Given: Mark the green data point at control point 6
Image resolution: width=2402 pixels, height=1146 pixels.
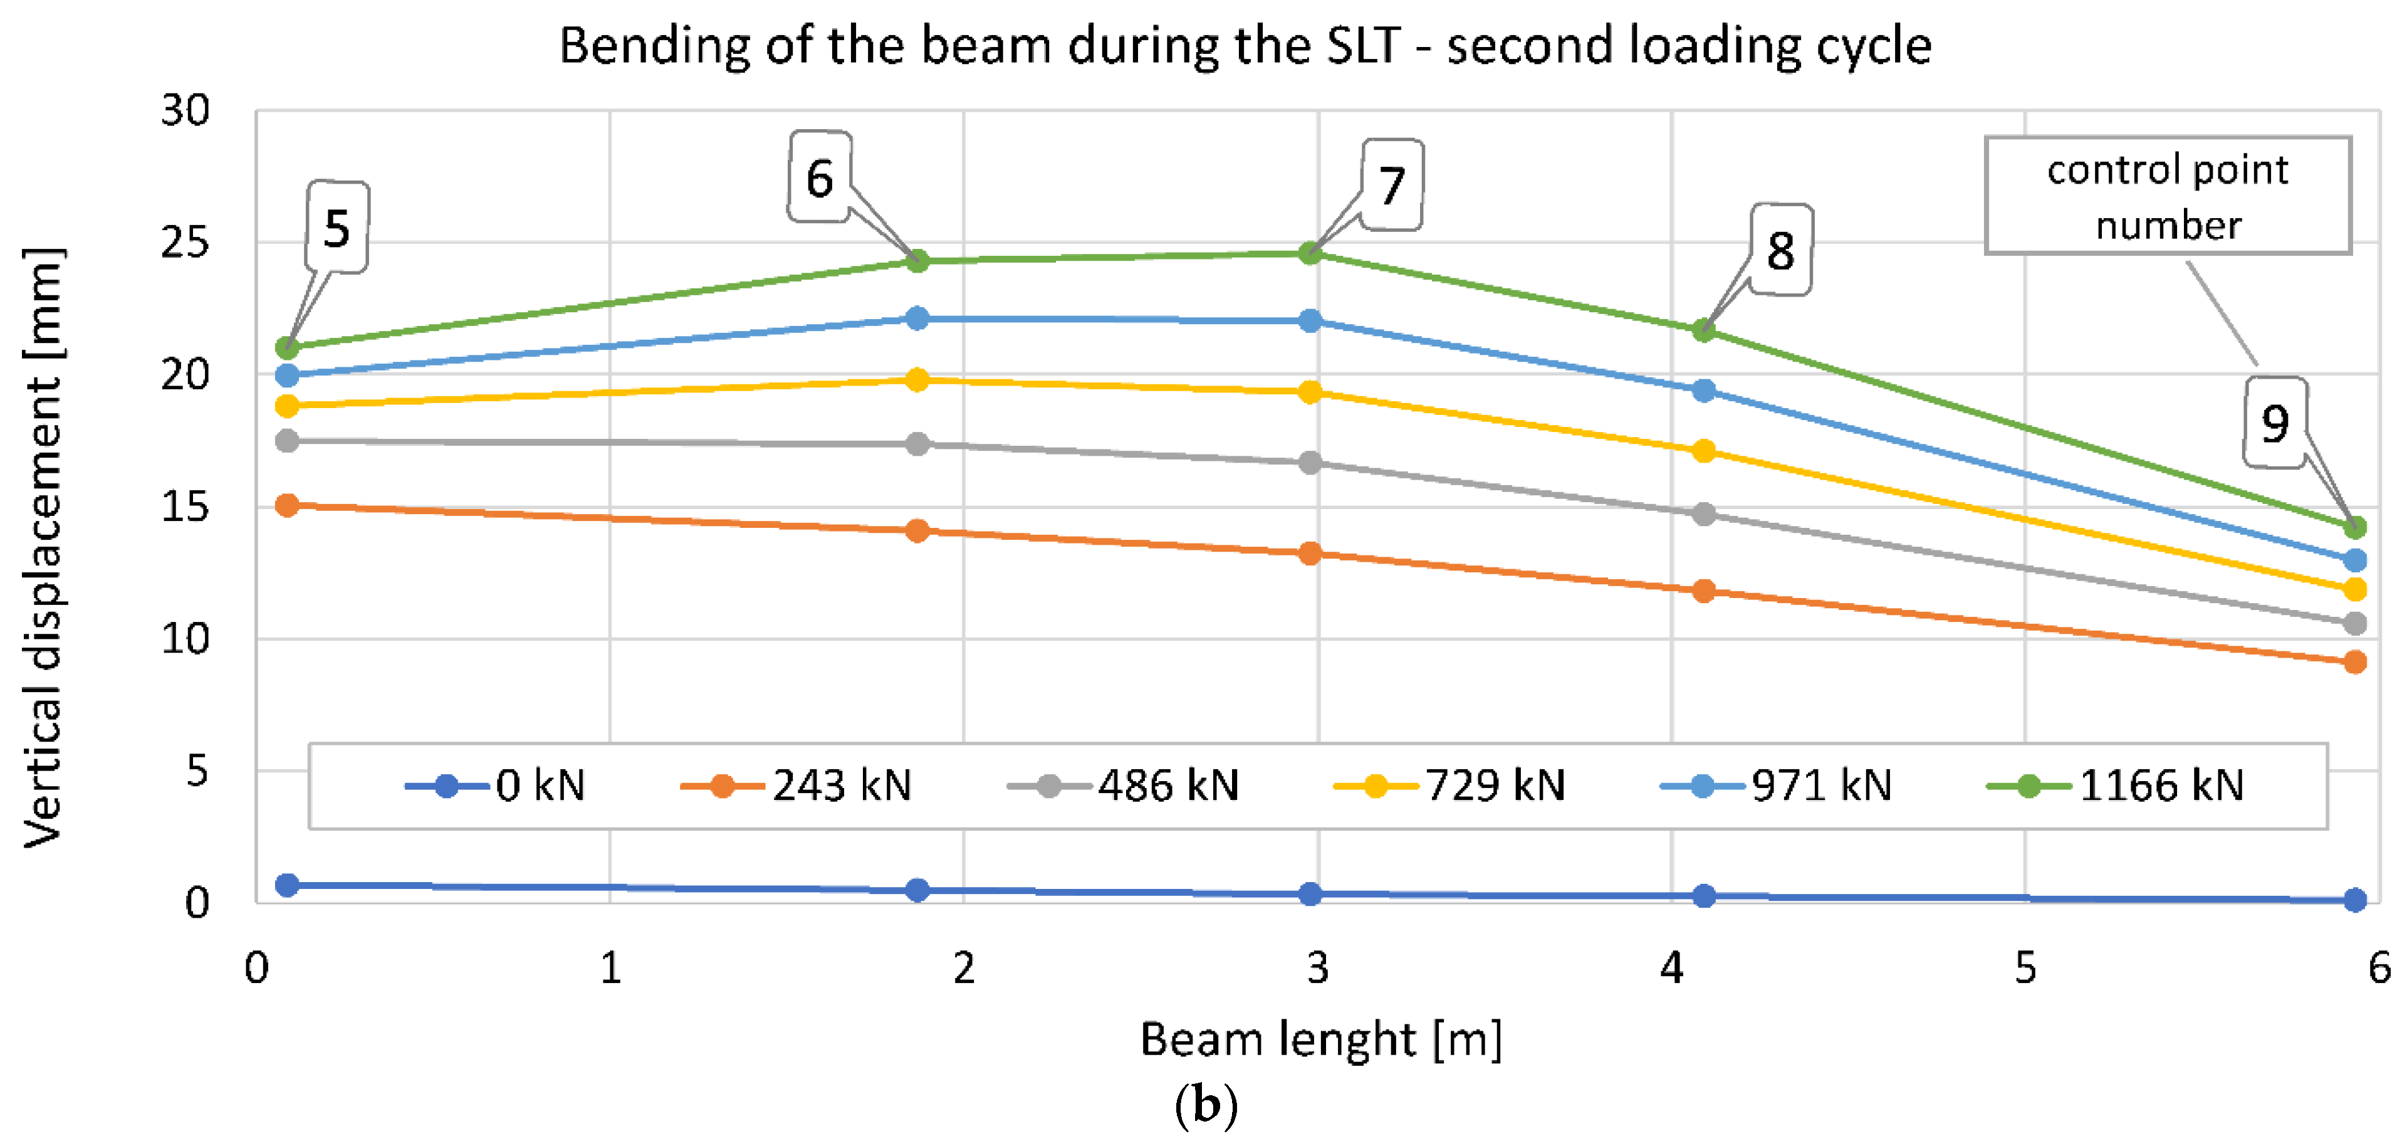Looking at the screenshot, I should click(917, 261).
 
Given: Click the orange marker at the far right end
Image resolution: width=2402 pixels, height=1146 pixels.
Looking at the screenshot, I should click(2354, 662).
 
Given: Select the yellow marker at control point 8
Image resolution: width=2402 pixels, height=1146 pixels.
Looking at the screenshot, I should click(1704, 451).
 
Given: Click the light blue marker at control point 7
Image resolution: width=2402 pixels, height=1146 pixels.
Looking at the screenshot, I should click(1310, 321).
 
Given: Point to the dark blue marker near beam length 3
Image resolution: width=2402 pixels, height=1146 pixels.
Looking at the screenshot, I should click(1310, 893).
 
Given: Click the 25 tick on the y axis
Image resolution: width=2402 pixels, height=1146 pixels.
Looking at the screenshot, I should click(185, 243).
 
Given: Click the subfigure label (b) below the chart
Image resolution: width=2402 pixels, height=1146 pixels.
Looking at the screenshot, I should click(1206, 1105).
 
